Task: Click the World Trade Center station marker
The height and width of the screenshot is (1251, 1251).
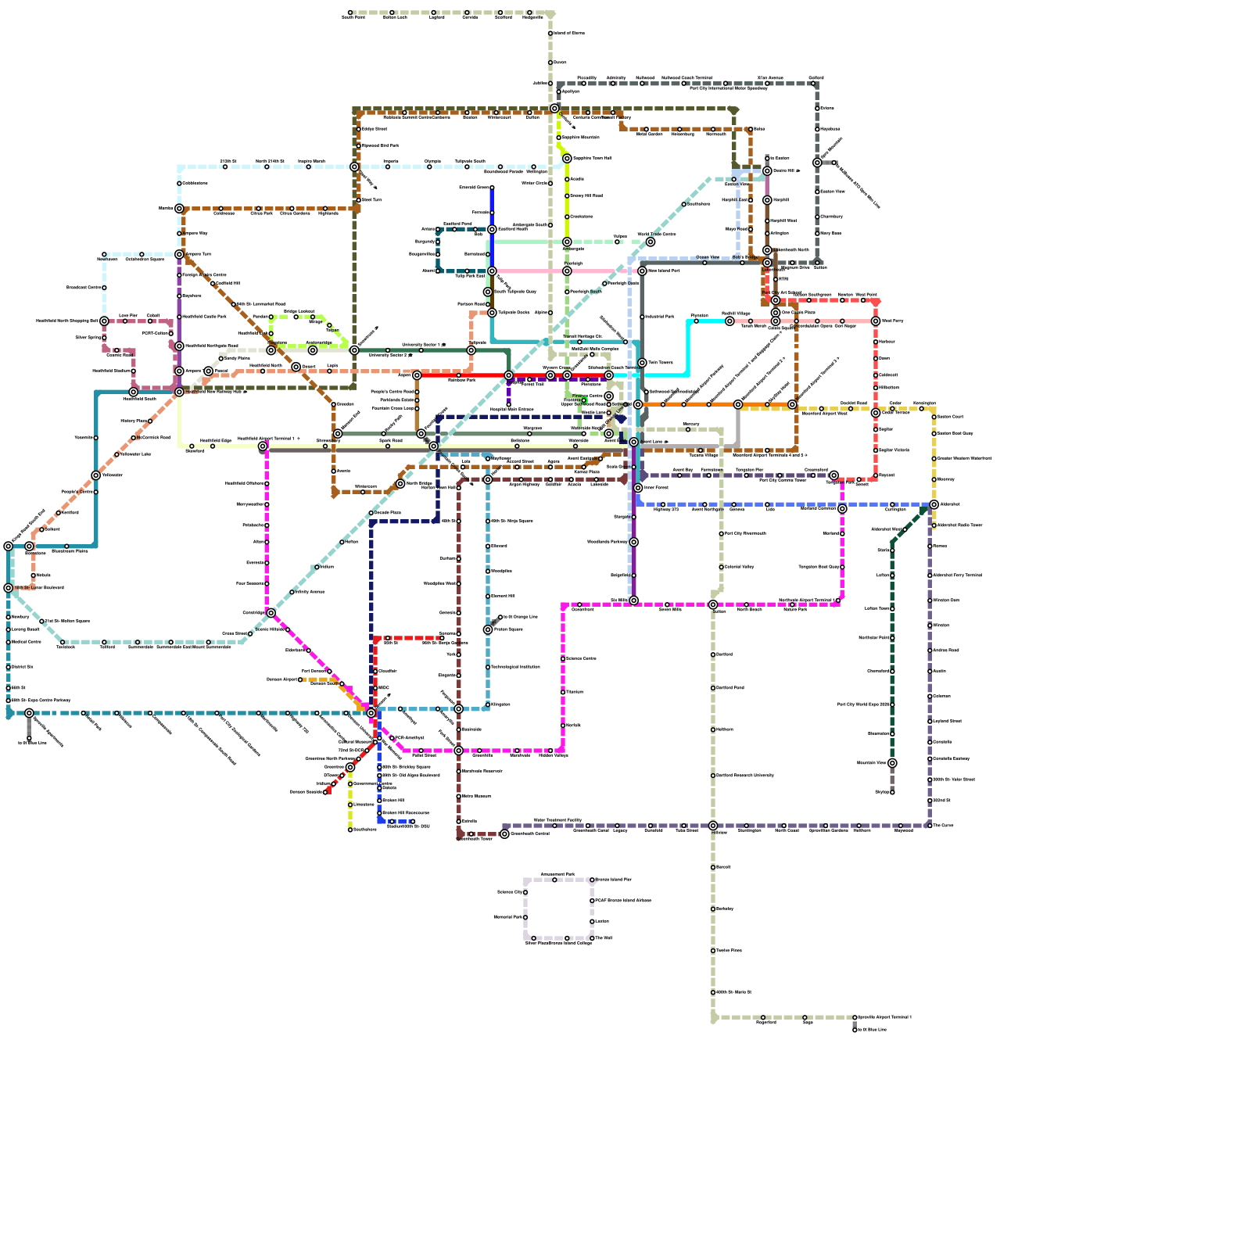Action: pos(650,242)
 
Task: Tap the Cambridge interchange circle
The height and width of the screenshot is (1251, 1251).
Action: pos(271,613)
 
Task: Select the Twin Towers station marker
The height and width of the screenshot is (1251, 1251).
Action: pos(642,363)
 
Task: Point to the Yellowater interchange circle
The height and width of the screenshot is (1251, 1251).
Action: pos(95,475)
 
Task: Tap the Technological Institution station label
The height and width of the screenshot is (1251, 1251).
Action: pos(515,667)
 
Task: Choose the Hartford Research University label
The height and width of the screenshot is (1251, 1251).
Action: pos(744,776)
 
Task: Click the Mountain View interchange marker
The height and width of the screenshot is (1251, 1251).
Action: pos(892,763)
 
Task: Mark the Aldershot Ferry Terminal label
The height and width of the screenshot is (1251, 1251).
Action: pos(959,575)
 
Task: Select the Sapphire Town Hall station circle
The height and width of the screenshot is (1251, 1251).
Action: pos(567,159)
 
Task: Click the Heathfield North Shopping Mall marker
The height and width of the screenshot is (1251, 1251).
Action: pos(104,321)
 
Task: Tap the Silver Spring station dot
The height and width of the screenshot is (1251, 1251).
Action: pos(104,338)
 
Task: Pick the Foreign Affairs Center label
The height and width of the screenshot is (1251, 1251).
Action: pos(204,275)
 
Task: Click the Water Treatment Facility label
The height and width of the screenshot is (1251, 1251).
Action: pos(557,820)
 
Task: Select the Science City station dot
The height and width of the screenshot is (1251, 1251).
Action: pos(525,892)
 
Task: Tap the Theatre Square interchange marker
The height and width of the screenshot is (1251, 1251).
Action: pos(488,629)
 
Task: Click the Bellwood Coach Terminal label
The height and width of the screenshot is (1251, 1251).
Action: pos(686,78)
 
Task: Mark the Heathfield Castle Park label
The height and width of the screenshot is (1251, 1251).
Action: pos(204,317)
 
